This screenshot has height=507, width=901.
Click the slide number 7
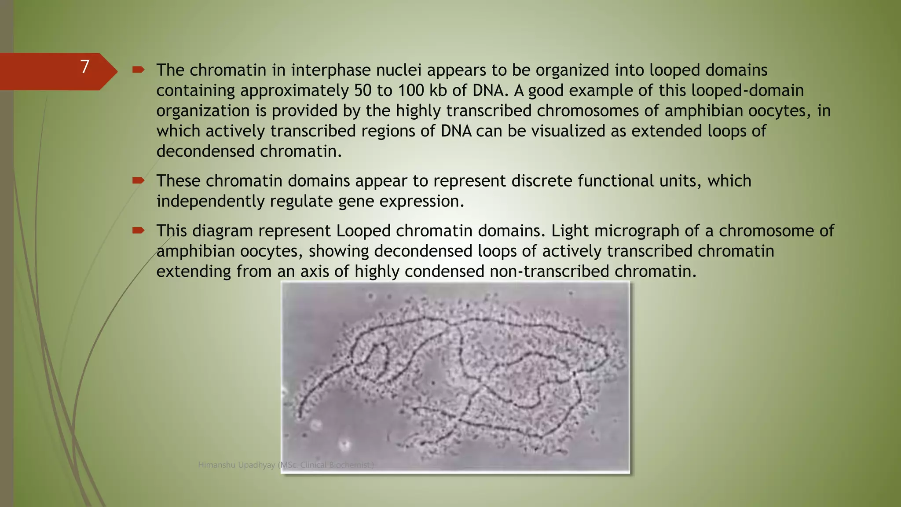(x=85, y=67)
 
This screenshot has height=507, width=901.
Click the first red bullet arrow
(x=138, y=70)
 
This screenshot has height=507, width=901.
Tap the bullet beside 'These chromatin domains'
(x=138, y=180)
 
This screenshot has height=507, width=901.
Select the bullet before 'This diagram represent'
(x=138, y=230)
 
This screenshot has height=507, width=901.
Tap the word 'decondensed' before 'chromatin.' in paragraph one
(x=205, y=151)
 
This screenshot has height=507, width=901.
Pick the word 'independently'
(x=210, y=201)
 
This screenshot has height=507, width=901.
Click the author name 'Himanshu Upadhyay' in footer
(x=236, y=465)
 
